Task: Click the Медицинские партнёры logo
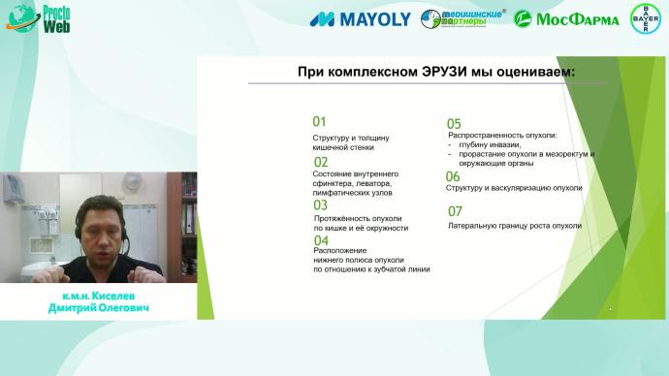click(463, 18)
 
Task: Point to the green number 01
click(319, 122)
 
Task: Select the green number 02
click(320, 163)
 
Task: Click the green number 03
click(320, 204)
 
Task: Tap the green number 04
click(321, 239)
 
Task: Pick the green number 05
click(453, 124)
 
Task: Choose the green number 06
click(453, 176)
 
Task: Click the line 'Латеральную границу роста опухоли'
click(514, 225)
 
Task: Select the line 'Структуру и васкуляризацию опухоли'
click(514, 188)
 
